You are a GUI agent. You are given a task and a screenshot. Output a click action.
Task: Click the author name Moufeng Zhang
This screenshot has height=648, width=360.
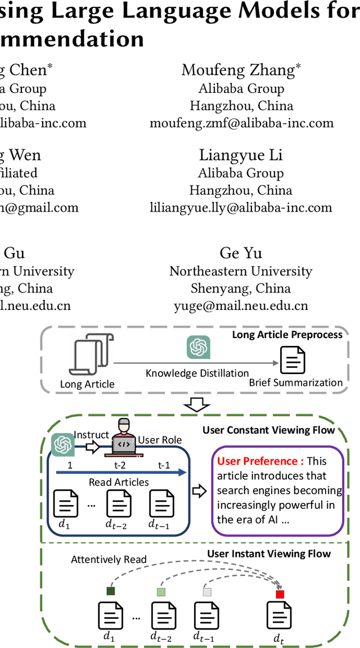tap(240, 70)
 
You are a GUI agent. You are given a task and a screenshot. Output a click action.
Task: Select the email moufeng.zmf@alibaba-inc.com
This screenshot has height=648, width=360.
tap(241, 123)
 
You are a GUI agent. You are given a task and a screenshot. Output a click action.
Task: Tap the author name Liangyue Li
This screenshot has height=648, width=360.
tap(241, 155)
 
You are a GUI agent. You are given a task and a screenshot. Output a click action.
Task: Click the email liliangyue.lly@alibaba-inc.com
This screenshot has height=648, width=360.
tap(241, 208)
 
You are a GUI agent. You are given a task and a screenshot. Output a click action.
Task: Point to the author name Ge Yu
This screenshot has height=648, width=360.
tap(241, 253)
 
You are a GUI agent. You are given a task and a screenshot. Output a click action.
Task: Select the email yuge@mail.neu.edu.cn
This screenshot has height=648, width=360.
tap(241, 305)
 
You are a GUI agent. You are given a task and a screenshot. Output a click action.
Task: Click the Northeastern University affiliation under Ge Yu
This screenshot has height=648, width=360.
tap(241, 271)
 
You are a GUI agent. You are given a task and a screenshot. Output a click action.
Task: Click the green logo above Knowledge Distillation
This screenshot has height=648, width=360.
tap(198, 347)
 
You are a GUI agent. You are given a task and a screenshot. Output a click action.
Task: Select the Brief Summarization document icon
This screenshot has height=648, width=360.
tap(292, 361)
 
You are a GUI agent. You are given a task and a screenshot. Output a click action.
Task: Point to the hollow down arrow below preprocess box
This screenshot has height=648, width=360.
tap(197, 405)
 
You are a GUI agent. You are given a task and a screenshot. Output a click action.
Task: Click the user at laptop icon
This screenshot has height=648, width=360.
tap(124, 436)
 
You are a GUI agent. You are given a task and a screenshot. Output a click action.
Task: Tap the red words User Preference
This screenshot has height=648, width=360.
tap(260, 461)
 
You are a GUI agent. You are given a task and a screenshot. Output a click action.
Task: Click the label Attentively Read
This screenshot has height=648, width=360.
tap(109, 559)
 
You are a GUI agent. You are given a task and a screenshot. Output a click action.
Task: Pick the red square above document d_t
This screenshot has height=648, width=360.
tap(280, 594)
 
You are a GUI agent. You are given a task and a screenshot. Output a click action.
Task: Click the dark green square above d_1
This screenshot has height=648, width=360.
tap(111, 591)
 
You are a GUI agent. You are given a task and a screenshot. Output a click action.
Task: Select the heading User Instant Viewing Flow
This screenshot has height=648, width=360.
tap(269, 553)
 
